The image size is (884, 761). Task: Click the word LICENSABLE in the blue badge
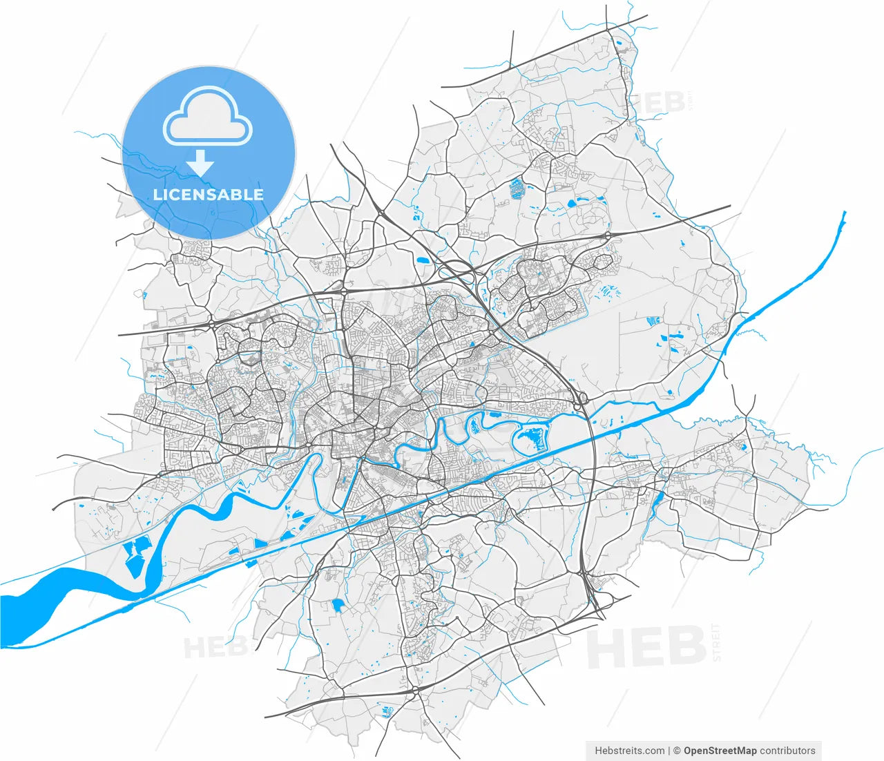click(208, 194)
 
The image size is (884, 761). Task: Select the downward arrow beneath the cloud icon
click(202, 163)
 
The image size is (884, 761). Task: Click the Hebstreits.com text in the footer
click(629, 751)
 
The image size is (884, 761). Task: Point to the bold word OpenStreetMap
click(720, 751)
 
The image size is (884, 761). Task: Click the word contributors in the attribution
click(787, 751)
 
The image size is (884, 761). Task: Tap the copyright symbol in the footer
click(678, 751)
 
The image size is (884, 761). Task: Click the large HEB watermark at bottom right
click(646, 648)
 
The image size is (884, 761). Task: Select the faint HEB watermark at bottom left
click(215, 648)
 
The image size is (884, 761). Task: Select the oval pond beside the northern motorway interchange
click(422, 261)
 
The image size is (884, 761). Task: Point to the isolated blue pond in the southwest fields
click(338, 606)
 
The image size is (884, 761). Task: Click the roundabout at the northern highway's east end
click(608, 235)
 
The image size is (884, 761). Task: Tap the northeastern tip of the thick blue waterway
click(843, 215)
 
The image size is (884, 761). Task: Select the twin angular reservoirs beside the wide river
click(135, 556)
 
